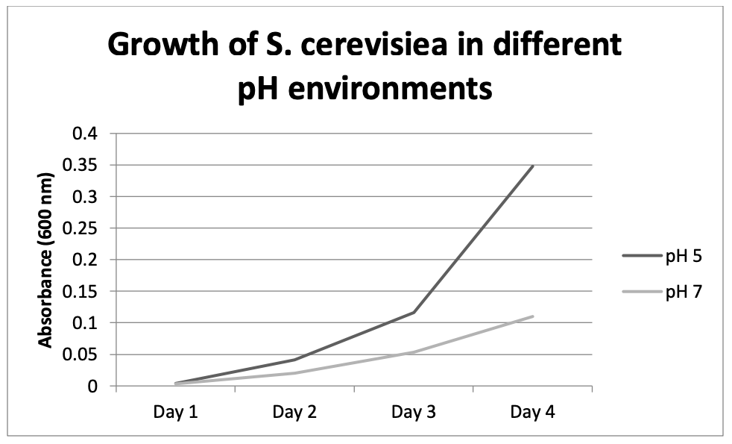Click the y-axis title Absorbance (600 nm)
click(46, 260)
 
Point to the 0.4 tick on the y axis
click(86, 134)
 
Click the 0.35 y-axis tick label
click(82, 166)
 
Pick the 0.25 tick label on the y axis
click(82, 229)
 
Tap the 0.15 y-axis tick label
click(82, 292)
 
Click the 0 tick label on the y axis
click(92, 387)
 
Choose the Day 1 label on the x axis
click(175, 412)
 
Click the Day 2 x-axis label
click(294, 412)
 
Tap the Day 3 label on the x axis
click(413, 412)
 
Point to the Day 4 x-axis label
click(532, 412)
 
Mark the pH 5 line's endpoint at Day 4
click(533, 166)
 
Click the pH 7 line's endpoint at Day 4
click(533, 316)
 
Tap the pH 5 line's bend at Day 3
click(414, 313)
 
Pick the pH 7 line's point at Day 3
click(414, 352)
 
